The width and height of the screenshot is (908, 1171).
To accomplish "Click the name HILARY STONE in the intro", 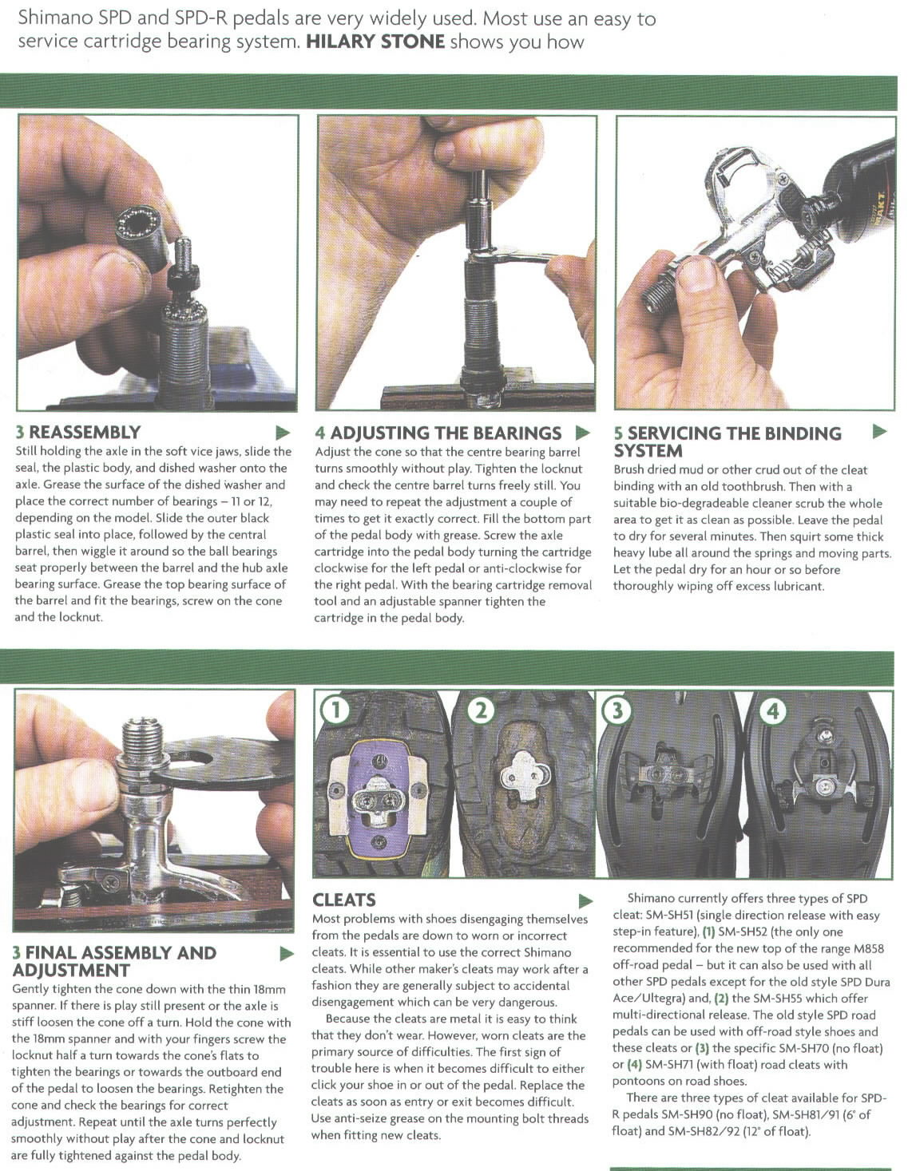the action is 375,42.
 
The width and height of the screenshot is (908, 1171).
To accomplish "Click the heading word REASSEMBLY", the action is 85,432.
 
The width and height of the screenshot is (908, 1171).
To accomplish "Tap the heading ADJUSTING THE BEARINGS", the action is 446,433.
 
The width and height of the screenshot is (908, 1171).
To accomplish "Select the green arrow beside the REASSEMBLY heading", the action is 283,432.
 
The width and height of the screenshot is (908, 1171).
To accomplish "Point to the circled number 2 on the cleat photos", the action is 482,710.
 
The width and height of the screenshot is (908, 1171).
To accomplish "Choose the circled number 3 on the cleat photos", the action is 617,710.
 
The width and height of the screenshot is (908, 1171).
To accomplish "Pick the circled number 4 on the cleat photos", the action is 772,712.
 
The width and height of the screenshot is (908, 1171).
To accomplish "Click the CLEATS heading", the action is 344,900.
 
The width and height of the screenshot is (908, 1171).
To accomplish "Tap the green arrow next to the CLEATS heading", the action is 585,900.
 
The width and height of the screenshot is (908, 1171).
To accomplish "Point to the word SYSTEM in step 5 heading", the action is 648,450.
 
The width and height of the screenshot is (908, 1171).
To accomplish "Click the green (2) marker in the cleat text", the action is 722,999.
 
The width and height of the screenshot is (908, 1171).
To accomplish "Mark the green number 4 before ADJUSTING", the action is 320,433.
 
